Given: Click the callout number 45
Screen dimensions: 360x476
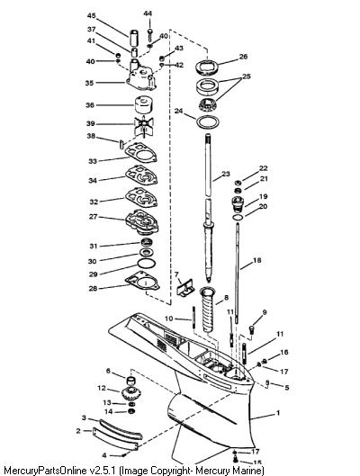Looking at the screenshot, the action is (92, 15).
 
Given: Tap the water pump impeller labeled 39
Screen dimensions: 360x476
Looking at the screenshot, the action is (144, 125).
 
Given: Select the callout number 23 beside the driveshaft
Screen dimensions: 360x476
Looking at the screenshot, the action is (226, 174).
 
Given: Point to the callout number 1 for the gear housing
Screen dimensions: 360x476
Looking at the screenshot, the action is (278, 413).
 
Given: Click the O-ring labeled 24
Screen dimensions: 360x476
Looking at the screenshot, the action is (208, 122).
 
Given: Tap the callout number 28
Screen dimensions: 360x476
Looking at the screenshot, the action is (93, 288).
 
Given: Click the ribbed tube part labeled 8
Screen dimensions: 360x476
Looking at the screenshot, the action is (209, 311).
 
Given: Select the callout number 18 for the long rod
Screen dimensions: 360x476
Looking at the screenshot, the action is (256, 260).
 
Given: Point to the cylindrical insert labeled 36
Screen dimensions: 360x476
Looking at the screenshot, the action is (144, 104).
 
